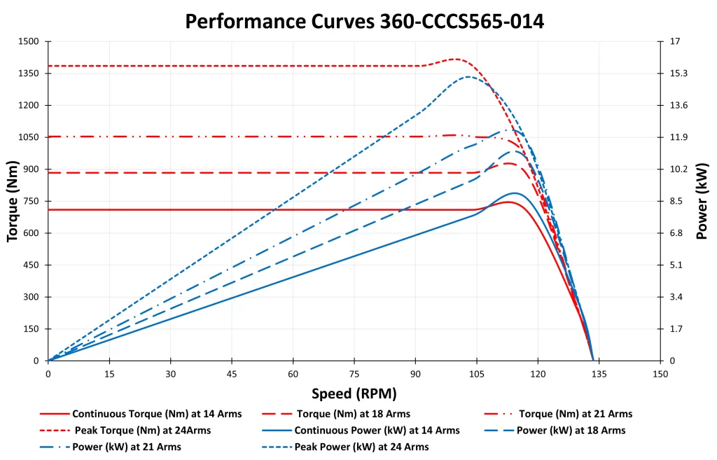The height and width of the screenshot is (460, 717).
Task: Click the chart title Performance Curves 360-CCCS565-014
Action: pos(364,21)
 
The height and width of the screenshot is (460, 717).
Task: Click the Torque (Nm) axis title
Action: pos(12,201)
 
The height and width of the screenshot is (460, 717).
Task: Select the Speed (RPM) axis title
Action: pos(354,393)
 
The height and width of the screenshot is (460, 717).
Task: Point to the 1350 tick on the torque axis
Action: pos(29,74)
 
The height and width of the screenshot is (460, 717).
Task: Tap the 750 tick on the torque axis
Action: pos(32,201)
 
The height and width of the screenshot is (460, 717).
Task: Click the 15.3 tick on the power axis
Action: pos(679,74)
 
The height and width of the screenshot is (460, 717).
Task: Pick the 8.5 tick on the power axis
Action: pos(676,201)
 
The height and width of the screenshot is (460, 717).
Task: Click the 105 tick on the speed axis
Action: pos(476,374)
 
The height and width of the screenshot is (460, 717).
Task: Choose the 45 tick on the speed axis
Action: pos(232,374)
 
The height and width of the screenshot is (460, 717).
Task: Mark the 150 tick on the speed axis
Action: pos(660,374)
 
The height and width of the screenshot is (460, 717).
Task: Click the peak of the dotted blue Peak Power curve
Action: pos(468,76)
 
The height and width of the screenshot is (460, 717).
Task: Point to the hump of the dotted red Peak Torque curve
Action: pos(455,59)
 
